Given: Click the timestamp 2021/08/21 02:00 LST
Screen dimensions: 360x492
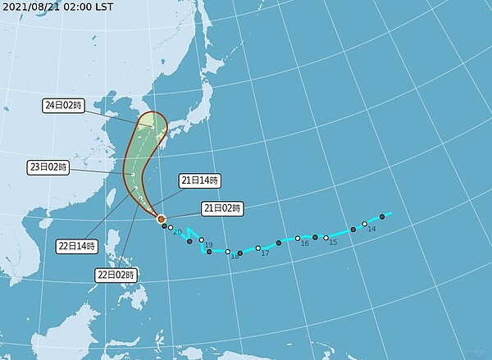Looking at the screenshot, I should (57, 6).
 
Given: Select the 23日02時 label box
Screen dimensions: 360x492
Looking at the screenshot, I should (48, 166).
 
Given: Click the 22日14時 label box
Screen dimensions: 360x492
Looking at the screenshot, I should (75, 245).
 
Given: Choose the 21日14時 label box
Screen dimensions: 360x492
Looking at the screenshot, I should (200, 180).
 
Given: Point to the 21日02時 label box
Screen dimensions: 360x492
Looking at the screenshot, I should (221, 208).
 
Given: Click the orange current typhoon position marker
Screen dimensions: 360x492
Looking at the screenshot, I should (161, 219).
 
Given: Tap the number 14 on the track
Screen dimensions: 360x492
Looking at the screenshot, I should (371, 230).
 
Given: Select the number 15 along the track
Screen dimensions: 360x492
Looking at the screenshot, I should (333, 242).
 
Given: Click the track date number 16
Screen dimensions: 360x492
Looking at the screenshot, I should (304, 244).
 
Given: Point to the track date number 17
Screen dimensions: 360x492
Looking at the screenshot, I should (265, 253).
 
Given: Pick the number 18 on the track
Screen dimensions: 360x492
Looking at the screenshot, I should (235, 257).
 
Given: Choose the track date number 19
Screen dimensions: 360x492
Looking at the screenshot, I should (209, 245).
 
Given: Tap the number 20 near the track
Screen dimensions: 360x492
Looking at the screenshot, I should (176, 233).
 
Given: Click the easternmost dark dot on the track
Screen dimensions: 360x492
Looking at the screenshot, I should (382, 216).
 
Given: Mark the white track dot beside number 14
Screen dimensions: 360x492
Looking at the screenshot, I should (364, 224).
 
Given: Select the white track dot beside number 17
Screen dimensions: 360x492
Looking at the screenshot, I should (258, 248).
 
